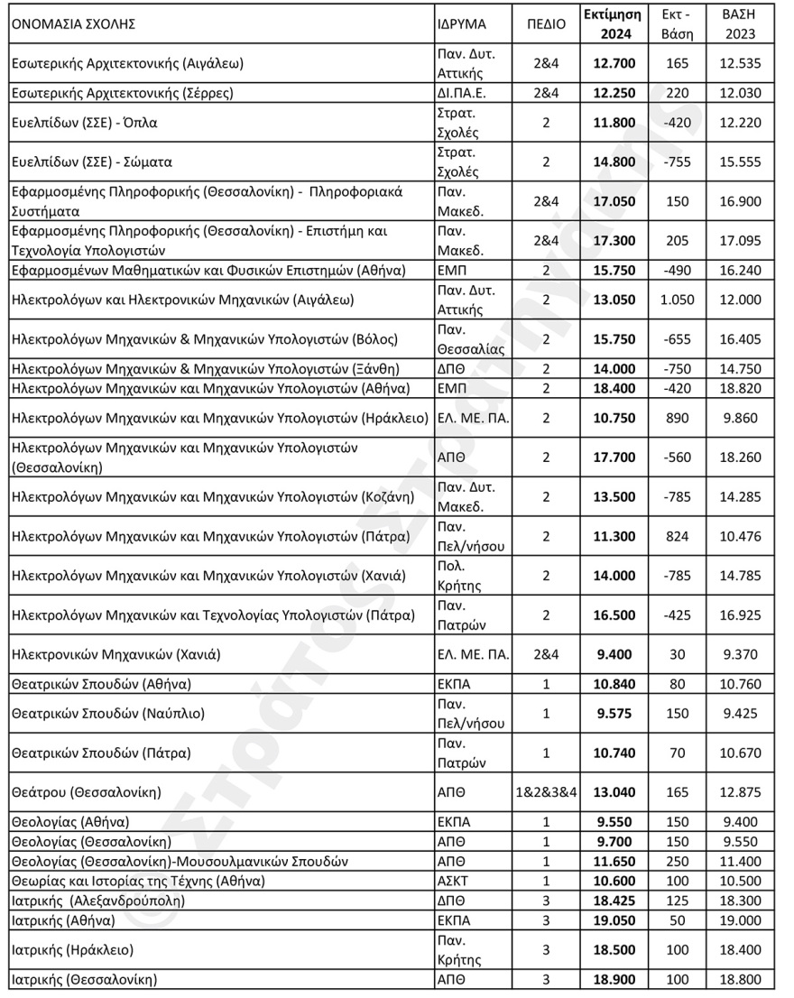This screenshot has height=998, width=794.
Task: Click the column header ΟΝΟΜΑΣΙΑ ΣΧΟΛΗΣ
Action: click(x=73, y=25)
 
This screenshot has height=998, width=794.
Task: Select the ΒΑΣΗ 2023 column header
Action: click(x=739, y=24)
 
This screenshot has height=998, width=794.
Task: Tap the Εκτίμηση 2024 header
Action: click(x=612, y=24)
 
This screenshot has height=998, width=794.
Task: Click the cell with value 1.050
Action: click(x=677, y=300)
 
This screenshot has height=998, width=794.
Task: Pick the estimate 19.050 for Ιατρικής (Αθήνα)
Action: click(x=612, y=921)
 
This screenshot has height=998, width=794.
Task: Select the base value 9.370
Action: click(x=739, y=655)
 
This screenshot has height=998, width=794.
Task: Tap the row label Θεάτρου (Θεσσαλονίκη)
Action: click(x=86, y=793)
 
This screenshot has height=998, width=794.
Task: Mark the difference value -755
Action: click(x=677, y=162)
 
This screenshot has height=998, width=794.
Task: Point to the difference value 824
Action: click(x=677, y=537)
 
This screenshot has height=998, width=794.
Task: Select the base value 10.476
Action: click(x=739, y=537)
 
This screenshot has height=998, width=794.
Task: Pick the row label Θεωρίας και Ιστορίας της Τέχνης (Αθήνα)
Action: click(x=150, y=880)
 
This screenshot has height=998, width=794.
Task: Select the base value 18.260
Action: click(x=739, y=457)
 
